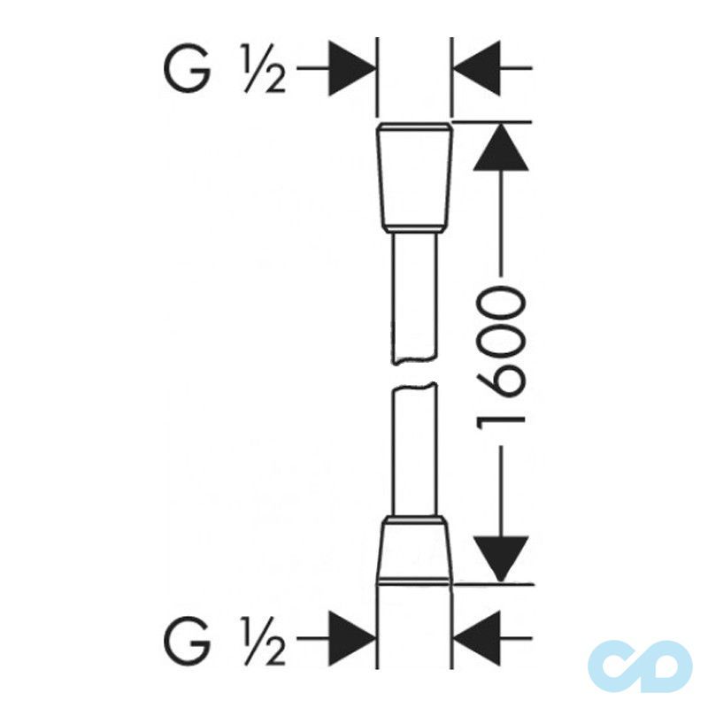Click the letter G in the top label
pos(187,69)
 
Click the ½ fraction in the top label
pos(265,69)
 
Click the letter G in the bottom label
pos(187,639)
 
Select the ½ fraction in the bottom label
pos(265,639)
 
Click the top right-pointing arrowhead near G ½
pos(351,69)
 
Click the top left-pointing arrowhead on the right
pos(476,69)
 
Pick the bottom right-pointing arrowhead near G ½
pos(351,638)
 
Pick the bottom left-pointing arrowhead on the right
pos(476,638)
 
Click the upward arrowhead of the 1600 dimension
pos(501,147)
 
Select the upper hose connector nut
pos(414,177)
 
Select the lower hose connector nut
pos(414,550)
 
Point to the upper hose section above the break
pos(414,298)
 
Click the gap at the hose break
pos(414,373)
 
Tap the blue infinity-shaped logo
pos(640,666)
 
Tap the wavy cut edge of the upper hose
pos(414,361)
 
